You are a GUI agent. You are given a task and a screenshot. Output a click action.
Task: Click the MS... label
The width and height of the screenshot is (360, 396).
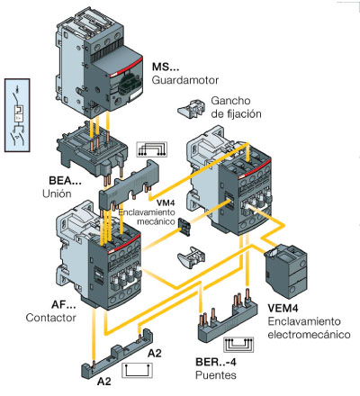coord(166,67)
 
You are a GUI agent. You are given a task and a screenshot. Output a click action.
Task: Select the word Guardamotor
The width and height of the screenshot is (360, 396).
coord(185,80)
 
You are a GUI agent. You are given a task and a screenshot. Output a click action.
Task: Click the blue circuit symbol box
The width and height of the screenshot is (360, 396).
coord(17,115)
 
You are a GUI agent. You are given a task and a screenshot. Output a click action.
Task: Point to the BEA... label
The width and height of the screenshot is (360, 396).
coord(65,181)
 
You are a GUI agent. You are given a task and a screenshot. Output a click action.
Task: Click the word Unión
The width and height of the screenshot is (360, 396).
coord(57,193)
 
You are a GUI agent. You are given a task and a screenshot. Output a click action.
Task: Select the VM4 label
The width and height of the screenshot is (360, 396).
coord(166,203)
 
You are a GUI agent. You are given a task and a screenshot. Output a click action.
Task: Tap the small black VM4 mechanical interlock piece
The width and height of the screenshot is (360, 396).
coord(184,227)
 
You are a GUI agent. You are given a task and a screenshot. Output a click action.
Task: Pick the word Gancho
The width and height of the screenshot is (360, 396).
coord(230,101)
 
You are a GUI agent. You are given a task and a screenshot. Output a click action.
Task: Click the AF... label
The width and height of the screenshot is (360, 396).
coord(64,304)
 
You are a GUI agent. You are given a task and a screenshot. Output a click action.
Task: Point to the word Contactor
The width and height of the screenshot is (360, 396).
coord(50,318)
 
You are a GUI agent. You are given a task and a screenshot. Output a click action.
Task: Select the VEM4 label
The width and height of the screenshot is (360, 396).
coord(283,308)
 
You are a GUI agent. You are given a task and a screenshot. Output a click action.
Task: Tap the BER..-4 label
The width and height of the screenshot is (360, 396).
coord(216,362)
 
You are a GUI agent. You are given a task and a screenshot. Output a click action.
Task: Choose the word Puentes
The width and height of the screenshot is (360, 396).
coord(216,375)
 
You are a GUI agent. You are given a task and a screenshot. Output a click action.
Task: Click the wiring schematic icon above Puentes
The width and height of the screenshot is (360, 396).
coord(238,345)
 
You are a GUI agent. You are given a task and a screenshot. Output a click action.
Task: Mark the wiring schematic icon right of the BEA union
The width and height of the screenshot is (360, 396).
coord(151,149)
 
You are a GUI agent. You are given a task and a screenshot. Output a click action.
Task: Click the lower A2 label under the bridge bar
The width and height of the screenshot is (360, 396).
coord(104,382)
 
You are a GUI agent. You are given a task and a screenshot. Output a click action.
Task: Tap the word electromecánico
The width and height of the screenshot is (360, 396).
coord(309,335)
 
